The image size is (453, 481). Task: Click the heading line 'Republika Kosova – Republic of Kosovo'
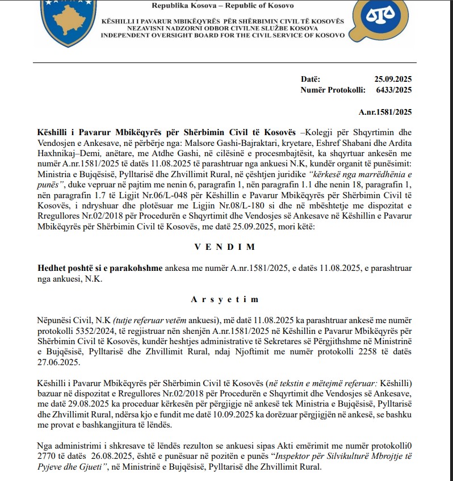pos(223,6)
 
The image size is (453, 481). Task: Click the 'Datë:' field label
pos(311,78)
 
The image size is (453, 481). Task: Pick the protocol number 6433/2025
pos(393,89)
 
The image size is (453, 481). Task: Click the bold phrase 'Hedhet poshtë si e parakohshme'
pos(100,267)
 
